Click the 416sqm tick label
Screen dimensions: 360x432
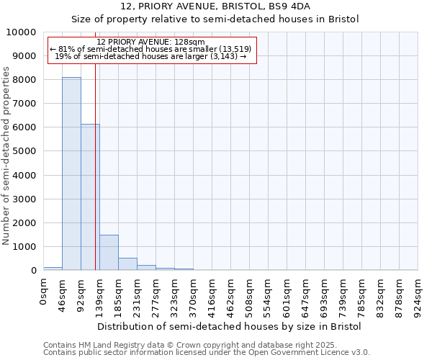coord(212,297)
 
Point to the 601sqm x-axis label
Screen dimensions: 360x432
coord(287,297)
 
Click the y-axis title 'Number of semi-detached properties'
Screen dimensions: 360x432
coord(7,156)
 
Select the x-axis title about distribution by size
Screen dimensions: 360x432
coord(229,326)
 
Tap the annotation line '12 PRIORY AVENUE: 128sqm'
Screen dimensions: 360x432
coord(150,42)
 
